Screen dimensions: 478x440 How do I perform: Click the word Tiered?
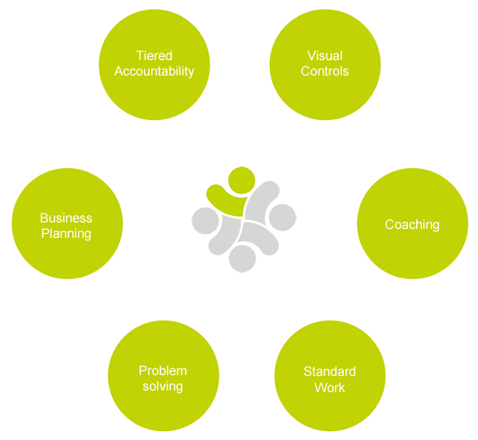click(x=154, y=56)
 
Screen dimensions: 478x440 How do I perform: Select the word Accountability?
click(x=154, y=71)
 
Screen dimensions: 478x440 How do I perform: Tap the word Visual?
click(x=325, y=56)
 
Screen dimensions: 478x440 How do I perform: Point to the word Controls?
click(x=324, y=71)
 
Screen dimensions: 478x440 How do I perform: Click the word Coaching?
click(x=412, y=225)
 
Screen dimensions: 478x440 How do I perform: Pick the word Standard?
click(x=329, y=372)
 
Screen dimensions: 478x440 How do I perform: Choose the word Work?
click(x=329, y=387)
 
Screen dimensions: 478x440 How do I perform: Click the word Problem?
click(x=163, y=371)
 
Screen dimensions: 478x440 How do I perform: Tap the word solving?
click(x=163, y=387)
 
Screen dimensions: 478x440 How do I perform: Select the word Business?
click(x=66, y=218)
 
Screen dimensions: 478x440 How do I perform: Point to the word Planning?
click(x=66, y=234)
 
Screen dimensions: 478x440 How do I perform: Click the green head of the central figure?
click(x=241, y=180)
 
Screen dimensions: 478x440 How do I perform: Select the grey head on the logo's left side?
click(x=205, y=221)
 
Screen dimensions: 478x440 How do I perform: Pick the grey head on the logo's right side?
click(x=283, y=218)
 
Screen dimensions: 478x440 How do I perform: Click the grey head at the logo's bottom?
click(x=242, y=258)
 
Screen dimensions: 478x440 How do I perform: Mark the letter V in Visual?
click(x=311, y=56)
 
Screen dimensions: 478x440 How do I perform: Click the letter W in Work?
click(x=321, y=387)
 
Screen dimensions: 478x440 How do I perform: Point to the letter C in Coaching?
click(x=390, y=224)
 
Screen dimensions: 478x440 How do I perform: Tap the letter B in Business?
click(x=45, y=218)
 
